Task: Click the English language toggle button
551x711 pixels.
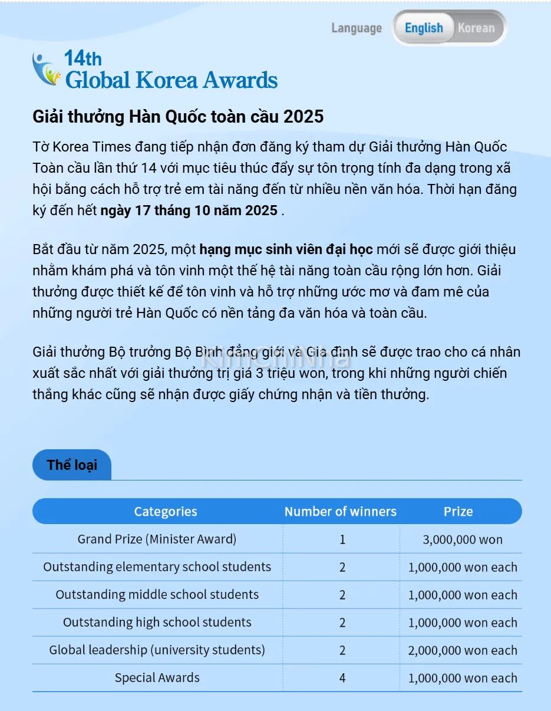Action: [x=423, y=28]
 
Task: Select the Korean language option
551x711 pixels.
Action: [x=476, y=28]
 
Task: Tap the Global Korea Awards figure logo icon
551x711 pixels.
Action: [x=47, y=70]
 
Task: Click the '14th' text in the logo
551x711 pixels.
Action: [x=83, y=58]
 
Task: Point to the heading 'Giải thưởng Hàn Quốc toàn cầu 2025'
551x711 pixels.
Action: [x=178, y=117]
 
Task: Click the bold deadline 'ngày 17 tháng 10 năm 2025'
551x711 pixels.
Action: [x=189, y=210]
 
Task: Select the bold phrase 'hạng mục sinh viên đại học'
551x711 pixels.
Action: [x=286, y=249]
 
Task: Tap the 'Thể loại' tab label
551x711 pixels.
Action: [x=72, y=465]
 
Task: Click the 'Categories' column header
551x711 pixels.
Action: [x=166, y=512]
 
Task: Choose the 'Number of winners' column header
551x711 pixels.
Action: [x=341, y=512]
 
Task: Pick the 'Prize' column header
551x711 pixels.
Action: [x=458, y=512]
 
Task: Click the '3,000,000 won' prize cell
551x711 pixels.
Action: [x=463, y=539]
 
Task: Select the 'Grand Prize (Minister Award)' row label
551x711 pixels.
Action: [x=157, y=539]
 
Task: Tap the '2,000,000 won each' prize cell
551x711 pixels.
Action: [x=463, y=650]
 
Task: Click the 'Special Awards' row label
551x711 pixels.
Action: [x=157, y=678]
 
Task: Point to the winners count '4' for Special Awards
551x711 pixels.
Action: [x=342, y=678]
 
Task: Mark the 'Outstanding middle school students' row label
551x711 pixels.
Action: [x=157, y=594]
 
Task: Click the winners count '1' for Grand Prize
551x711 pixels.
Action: [x=342, y=539]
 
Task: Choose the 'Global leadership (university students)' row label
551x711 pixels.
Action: [x=157, y=650]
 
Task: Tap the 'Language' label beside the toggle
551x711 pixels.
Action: [x=357, y=28]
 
